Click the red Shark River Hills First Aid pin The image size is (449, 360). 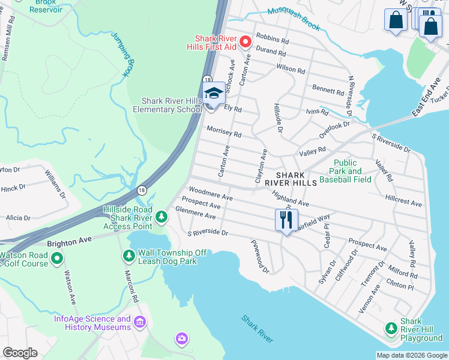click(x=245, y=41)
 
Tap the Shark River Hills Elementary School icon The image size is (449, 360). click(x=213, y=94)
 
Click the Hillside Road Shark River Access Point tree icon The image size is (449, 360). click(x=161, y=216)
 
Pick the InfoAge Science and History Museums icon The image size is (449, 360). click(x=140, y=323)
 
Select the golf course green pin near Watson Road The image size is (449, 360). click(x=57, y=259)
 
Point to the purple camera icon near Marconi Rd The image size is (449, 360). click(x=181, y=339)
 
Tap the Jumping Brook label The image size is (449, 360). click(x=120, y=54)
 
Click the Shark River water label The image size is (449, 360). click(x=258, y=329)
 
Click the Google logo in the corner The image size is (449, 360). click(x=20, y=353)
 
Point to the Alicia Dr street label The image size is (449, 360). click(x=18, y=218)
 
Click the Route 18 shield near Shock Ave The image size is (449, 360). click(x=206, y=79)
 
